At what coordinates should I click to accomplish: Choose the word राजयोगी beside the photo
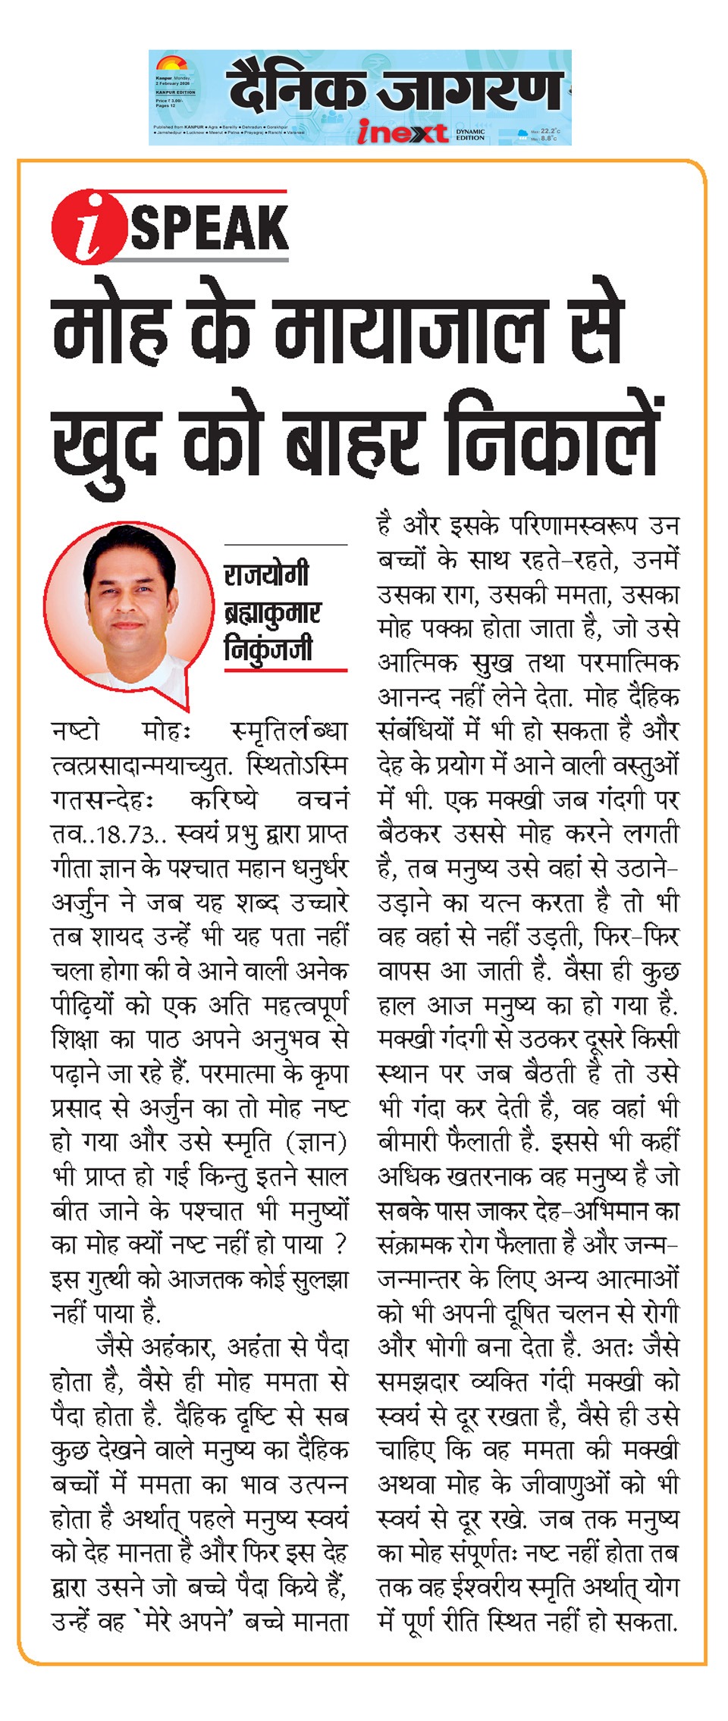click(x=266, y=574)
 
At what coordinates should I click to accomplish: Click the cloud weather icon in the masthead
click(x=521, y=134)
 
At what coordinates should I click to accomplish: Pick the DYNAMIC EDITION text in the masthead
click(x=470, y=134)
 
